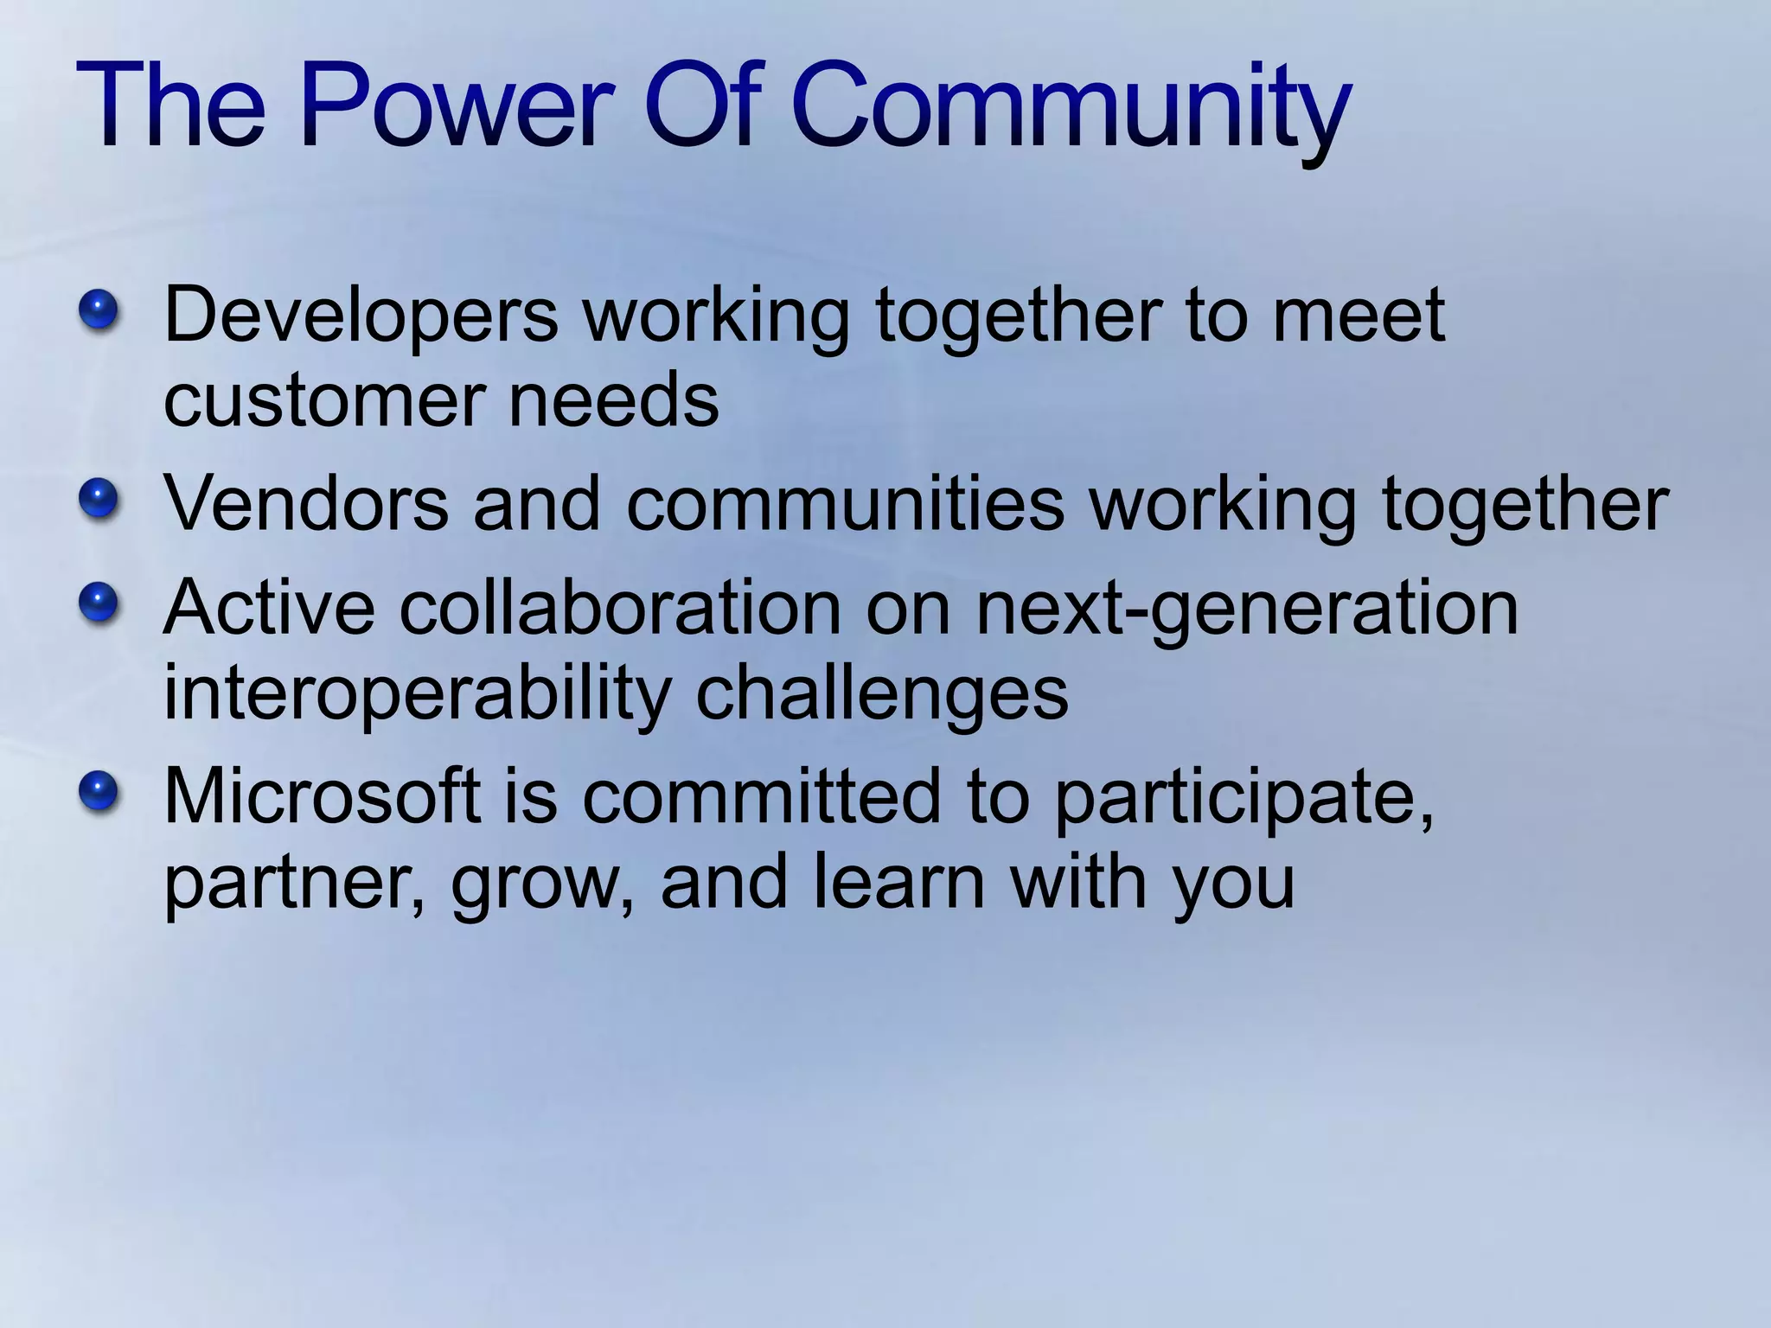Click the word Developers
click(x=361, y=316)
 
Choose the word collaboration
click(x=619, y=607)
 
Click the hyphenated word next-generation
click(x=1246, y=607)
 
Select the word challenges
click(x=882, y=693)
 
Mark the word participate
click(x=1244, y=797)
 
